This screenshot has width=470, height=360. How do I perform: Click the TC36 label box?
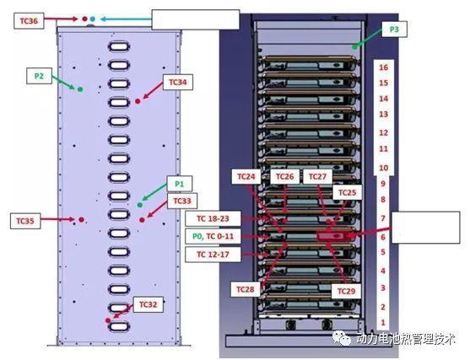click(x=29, y=21)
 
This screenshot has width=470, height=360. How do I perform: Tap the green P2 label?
click(x=39, y=76)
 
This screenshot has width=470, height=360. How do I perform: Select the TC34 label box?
click(x=178, y=82)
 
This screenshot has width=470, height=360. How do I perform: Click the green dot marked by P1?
click(x=140, y=205)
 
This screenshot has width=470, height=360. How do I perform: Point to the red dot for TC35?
click(x=81, y=219)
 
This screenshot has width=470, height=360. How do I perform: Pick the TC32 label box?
click(x=148, y=304)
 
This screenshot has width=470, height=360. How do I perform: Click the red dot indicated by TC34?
click(x=138, y=101)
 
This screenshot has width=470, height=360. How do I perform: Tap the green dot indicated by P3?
click(x=355, y=46)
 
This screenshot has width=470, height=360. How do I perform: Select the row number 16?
click(x=384, y=67)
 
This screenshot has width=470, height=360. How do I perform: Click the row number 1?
click(x=383, y=323)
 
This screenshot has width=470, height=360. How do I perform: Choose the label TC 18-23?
click(x=213, y=218)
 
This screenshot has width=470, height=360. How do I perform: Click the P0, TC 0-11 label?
click(x=213, y=236)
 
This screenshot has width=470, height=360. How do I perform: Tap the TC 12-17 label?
click(x=213, y=255)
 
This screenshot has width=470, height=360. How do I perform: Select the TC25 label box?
click(x=347, y=192)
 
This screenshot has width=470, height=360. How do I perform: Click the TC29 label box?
click(x=346, y=291)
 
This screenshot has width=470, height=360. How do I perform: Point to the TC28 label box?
click(x=246, y=289)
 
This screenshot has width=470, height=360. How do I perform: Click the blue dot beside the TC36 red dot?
click(x=93, y=19)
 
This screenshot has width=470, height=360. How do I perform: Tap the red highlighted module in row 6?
click(x=333, y=236)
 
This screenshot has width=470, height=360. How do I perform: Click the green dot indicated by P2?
click(x=80, y=89)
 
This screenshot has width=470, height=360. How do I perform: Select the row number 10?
click(x=384, y=168)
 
